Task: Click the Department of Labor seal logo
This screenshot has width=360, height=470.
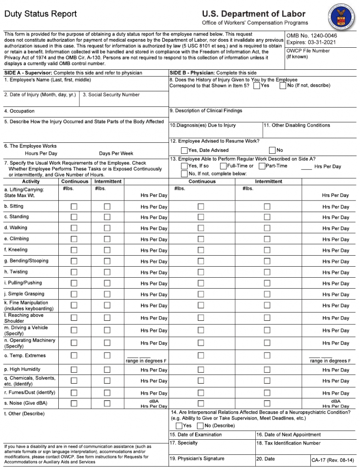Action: point(342,15)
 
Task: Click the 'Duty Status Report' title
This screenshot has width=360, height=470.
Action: point(41,14)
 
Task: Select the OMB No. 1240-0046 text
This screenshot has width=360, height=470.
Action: point(311,36)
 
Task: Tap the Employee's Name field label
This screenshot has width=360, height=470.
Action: point(48,80)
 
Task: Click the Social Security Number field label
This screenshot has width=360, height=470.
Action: point(111,95)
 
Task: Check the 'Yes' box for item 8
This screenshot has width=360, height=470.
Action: point(256,86)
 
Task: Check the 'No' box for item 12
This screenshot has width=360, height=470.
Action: point(272,150)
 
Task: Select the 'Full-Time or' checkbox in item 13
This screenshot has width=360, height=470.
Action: point(223,166)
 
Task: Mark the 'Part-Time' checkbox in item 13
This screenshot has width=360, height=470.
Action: point(262,166)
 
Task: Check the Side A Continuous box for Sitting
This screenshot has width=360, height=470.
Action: point(74,207)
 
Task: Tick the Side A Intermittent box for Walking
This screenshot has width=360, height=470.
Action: point(107,228)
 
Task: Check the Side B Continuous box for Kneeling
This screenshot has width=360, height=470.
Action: point(201,250)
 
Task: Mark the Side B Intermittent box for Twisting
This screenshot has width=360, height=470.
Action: point(267,272)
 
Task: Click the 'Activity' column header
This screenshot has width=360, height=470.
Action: point(31,181)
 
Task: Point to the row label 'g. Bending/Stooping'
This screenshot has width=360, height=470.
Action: point(26,261)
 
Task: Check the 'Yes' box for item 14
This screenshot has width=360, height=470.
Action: point(179,425)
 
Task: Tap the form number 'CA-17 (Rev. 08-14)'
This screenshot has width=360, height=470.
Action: point(333,460)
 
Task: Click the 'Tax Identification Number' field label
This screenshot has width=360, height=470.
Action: point(288,443)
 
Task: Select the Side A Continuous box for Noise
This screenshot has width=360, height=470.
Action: point(74,403)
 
